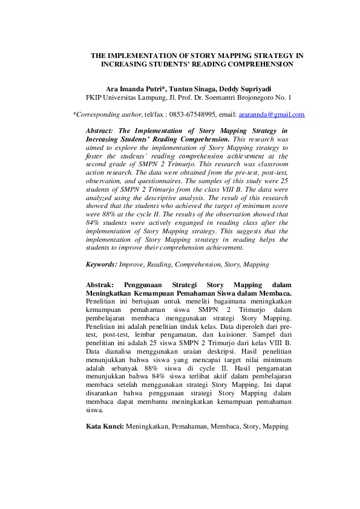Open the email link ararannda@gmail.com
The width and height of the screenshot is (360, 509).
coord(271,114)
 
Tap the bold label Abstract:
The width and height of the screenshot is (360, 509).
coord(100,131)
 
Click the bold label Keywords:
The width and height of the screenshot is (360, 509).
coord(102,264)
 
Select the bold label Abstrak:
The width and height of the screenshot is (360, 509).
coord(100,285)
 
